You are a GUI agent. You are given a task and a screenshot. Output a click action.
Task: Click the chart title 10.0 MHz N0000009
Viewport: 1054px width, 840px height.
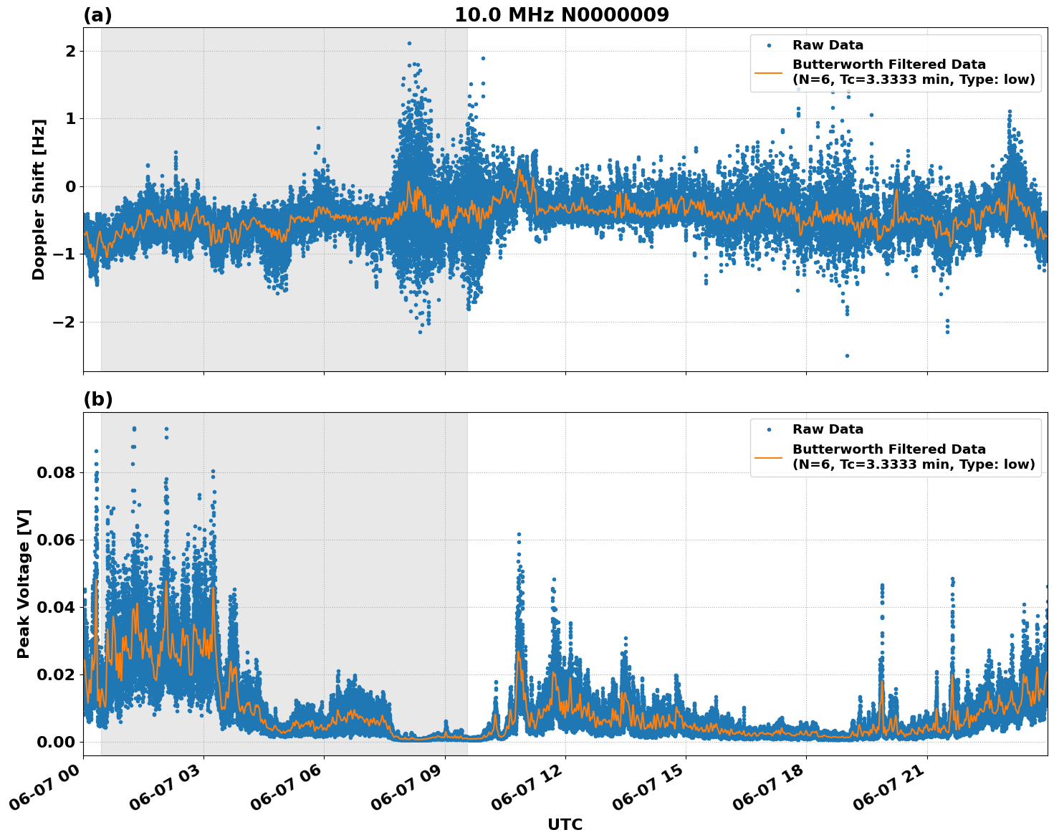pos(561,15)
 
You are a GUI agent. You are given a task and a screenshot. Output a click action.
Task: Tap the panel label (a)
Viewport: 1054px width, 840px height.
pos(97,15)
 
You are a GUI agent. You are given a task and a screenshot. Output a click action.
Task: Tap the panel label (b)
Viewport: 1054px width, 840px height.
pos(97,400)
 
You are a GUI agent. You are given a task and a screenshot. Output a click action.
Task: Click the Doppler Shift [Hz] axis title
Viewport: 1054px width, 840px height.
pos(39,199)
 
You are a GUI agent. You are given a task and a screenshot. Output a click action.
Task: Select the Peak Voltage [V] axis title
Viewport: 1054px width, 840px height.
pos(24,583)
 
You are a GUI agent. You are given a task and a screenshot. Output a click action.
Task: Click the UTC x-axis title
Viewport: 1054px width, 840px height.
pos(565,824)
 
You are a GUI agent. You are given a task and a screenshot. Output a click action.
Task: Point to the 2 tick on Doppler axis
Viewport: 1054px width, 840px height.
pos(70,51)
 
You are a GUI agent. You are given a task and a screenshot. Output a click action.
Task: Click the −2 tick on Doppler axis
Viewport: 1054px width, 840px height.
pos(64,322)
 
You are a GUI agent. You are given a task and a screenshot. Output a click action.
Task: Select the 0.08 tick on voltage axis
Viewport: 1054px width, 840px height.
pos(56,472)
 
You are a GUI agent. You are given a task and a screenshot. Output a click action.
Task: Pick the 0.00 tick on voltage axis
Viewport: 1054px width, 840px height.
pos(56,742)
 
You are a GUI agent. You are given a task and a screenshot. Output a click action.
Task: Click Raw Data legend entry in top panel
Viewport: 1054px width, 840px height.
pos(828,45)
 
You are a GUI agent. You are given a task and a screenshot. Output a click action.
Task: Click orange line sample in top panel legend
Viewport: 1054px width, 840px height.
pos(768,72)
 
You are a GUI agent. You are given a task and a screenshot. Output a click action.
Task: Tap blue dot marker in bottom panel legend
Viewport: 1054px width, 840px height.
pos(768,429)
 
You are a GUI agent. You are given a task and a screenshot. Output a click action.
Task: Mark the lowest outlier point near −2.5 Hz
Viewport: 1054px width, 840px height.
pos(847,355)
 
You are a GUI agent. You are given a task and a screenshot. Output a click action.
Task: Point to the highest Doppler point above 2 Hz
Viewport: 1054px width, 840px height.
pos(409,43)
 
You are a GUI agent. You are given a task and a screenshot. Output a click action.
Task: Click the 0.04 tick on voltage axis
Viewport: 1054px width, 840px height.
pos(56,607)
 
